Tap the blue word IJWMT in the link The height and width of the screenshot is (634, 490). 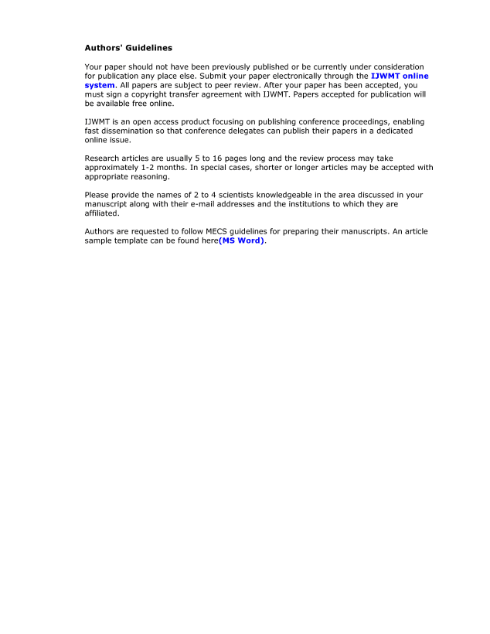pos(386,77)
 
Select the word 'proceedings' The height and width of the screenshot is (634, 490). pos(332,121)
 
